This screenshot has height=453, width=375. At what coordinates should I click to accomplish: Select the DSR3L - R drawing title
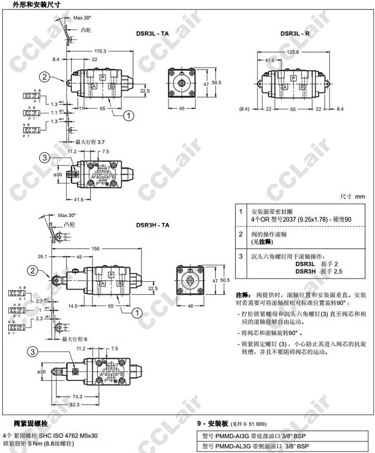[295, 33]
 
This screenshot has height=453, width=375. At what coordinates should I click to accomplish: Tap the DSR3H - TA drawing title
[153, 225]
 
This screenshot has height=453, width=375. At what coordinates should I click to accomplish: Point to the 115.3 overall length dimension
[100, 51]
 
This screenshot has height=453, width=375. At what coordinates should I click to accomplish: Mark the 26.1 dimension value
[42, 256]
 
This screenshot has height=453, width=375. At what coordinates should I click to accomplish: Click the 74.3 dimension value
[77, 396]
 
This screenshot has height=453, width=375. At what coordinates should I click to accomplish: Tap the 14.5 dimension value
[73, 306]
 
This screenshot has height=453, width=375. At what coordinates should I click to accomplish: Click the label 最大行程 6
[75, 339]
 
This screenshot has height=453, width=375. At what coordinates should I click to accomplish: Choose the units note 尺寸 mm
[353, 197]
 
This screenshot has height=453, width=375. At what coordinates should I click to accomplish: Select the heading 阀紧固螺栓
[31, 423]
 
